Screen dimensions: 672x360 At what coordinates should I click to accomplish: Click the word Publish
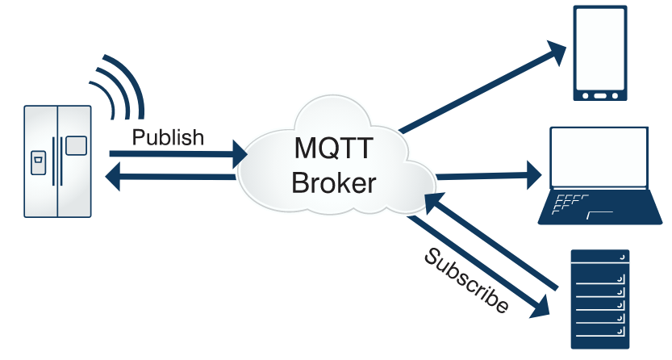[x=168, y=138]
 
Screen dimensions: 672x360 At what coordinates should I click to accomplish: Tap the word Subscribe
[x=466, y=281]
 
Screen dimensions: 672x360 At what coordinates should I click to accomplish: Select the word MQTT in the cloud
[x=333, y=148]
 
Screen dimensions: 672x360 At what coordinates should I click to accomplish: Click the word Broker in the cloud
[x=334, y=182]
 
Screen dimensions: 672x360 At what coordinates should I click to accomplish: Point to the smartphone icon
[x=600, y=53]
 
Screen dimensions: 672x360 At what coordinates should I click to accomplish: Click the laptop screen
[x=599, y=157]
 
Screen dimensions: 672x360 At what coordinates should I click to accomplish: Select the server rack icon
[x=600, y=299]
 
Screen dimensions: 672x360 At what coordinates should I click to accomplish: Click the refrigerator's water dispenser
[x=38, y=163]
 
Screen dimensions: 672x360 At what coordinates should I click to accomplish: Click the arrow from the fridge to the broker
[x=178, y=154]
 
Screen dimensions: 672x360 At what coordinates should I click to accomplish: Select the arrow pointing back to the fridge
[x=170, y=176]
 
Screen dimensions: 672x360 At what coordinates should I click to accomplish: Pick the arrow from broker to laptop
[x=489, y=175]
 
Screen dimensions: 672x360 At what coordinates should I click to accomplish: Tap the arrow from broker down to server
[x=478, y=266]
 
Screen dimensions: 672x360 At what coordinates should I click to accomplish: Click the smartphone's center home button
[x=600, y=95]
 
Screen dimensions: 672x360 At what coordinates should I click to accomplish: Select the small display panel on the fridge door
[x=76, y=146]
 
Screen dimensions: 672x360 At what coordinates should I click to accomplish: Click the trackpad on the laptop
[x=600, y=215]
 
